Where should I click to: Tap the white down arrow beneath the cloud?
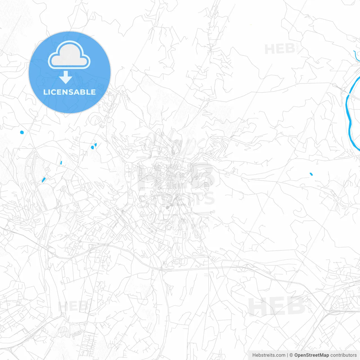(x=66, y=77)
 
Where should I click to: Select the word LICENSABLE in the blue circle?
(x=69, y=92)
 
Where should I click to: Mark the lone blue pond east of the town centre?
(x=311, y=174)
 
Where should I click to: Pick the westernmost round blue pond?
(x=22, y=132)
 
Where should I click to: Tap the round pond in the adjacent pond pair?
(x=92, y=147)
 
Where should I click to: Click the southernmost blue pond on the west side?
(x=43, y=179)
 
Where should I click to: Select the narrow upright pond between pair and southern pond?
(x=61, y=163)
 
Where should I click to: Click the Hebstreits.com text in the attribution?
(x=269, y=355)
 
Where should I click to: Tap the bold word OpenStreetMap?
(x=311, y=355)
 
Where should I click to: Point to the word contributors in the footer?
(x=343, y=355)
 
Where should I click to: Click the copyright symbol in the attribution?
(x=291, y=355)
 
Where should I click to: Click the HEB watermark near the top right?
(x=280, y=49)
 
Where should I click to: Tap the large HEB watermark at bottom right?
(x=277, y=307)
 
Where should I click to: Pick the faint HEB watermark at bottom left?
(x=73, y=306)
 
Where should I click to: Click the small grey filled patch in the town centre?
(x=168, y=208)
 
